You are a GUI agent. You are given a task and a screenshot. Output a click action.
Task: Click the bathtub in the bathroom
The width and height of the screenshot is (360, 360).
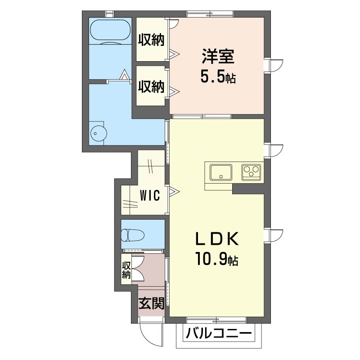point(110,31)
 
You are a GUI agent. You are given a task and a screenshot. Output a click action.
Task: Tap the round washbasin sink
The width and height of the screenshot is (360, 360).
point(98,133)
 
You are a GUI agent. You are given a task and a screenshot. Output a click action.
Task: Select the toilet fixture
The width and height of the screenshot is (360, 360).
point(132,235)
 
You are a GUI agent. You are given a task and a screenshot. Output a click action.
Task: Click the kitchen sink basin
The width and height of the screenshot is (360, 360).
point(220,172)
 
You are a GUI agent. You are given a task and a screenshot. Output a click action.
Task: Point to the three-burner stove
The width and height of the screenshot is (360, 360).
point(251,172)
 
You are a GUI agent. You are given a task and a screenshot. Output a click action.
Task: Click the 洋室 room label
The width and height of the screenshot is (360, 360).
point(218,57)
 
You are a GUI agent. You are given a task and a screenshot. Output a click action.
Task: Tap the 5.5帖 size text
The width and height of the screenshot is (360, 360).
point(218,77)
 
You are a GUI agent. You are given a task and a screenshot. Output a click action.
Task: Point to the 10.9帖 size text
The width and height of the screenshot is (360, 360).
point(216,258)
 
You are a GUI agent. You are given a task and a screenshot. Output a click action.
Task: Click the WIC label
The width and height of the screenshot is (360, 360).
point(150,196)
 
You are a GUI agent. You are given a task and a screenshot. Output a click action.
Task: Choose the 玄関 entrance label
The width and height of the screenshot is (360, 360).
point(151,303)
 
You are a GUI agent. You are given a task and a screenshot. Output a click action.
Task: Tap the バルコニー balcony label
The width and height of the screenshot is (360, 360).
point(219,333)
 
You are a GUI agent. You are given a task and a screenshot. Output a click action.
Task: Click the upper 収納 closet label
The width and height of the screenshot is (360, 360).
point(151,40)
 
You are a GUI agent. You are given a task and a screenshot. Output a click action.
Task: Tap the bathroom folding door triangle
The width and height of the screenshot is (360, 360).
point(124,74)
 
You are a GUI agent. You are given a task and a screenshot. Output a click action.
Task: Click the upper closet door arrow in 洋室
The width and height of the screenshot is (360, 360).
point(174,54)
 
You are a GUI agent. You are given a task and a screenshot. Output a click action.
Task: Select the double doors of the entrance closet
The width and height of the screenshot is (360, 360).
point(138,269)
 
